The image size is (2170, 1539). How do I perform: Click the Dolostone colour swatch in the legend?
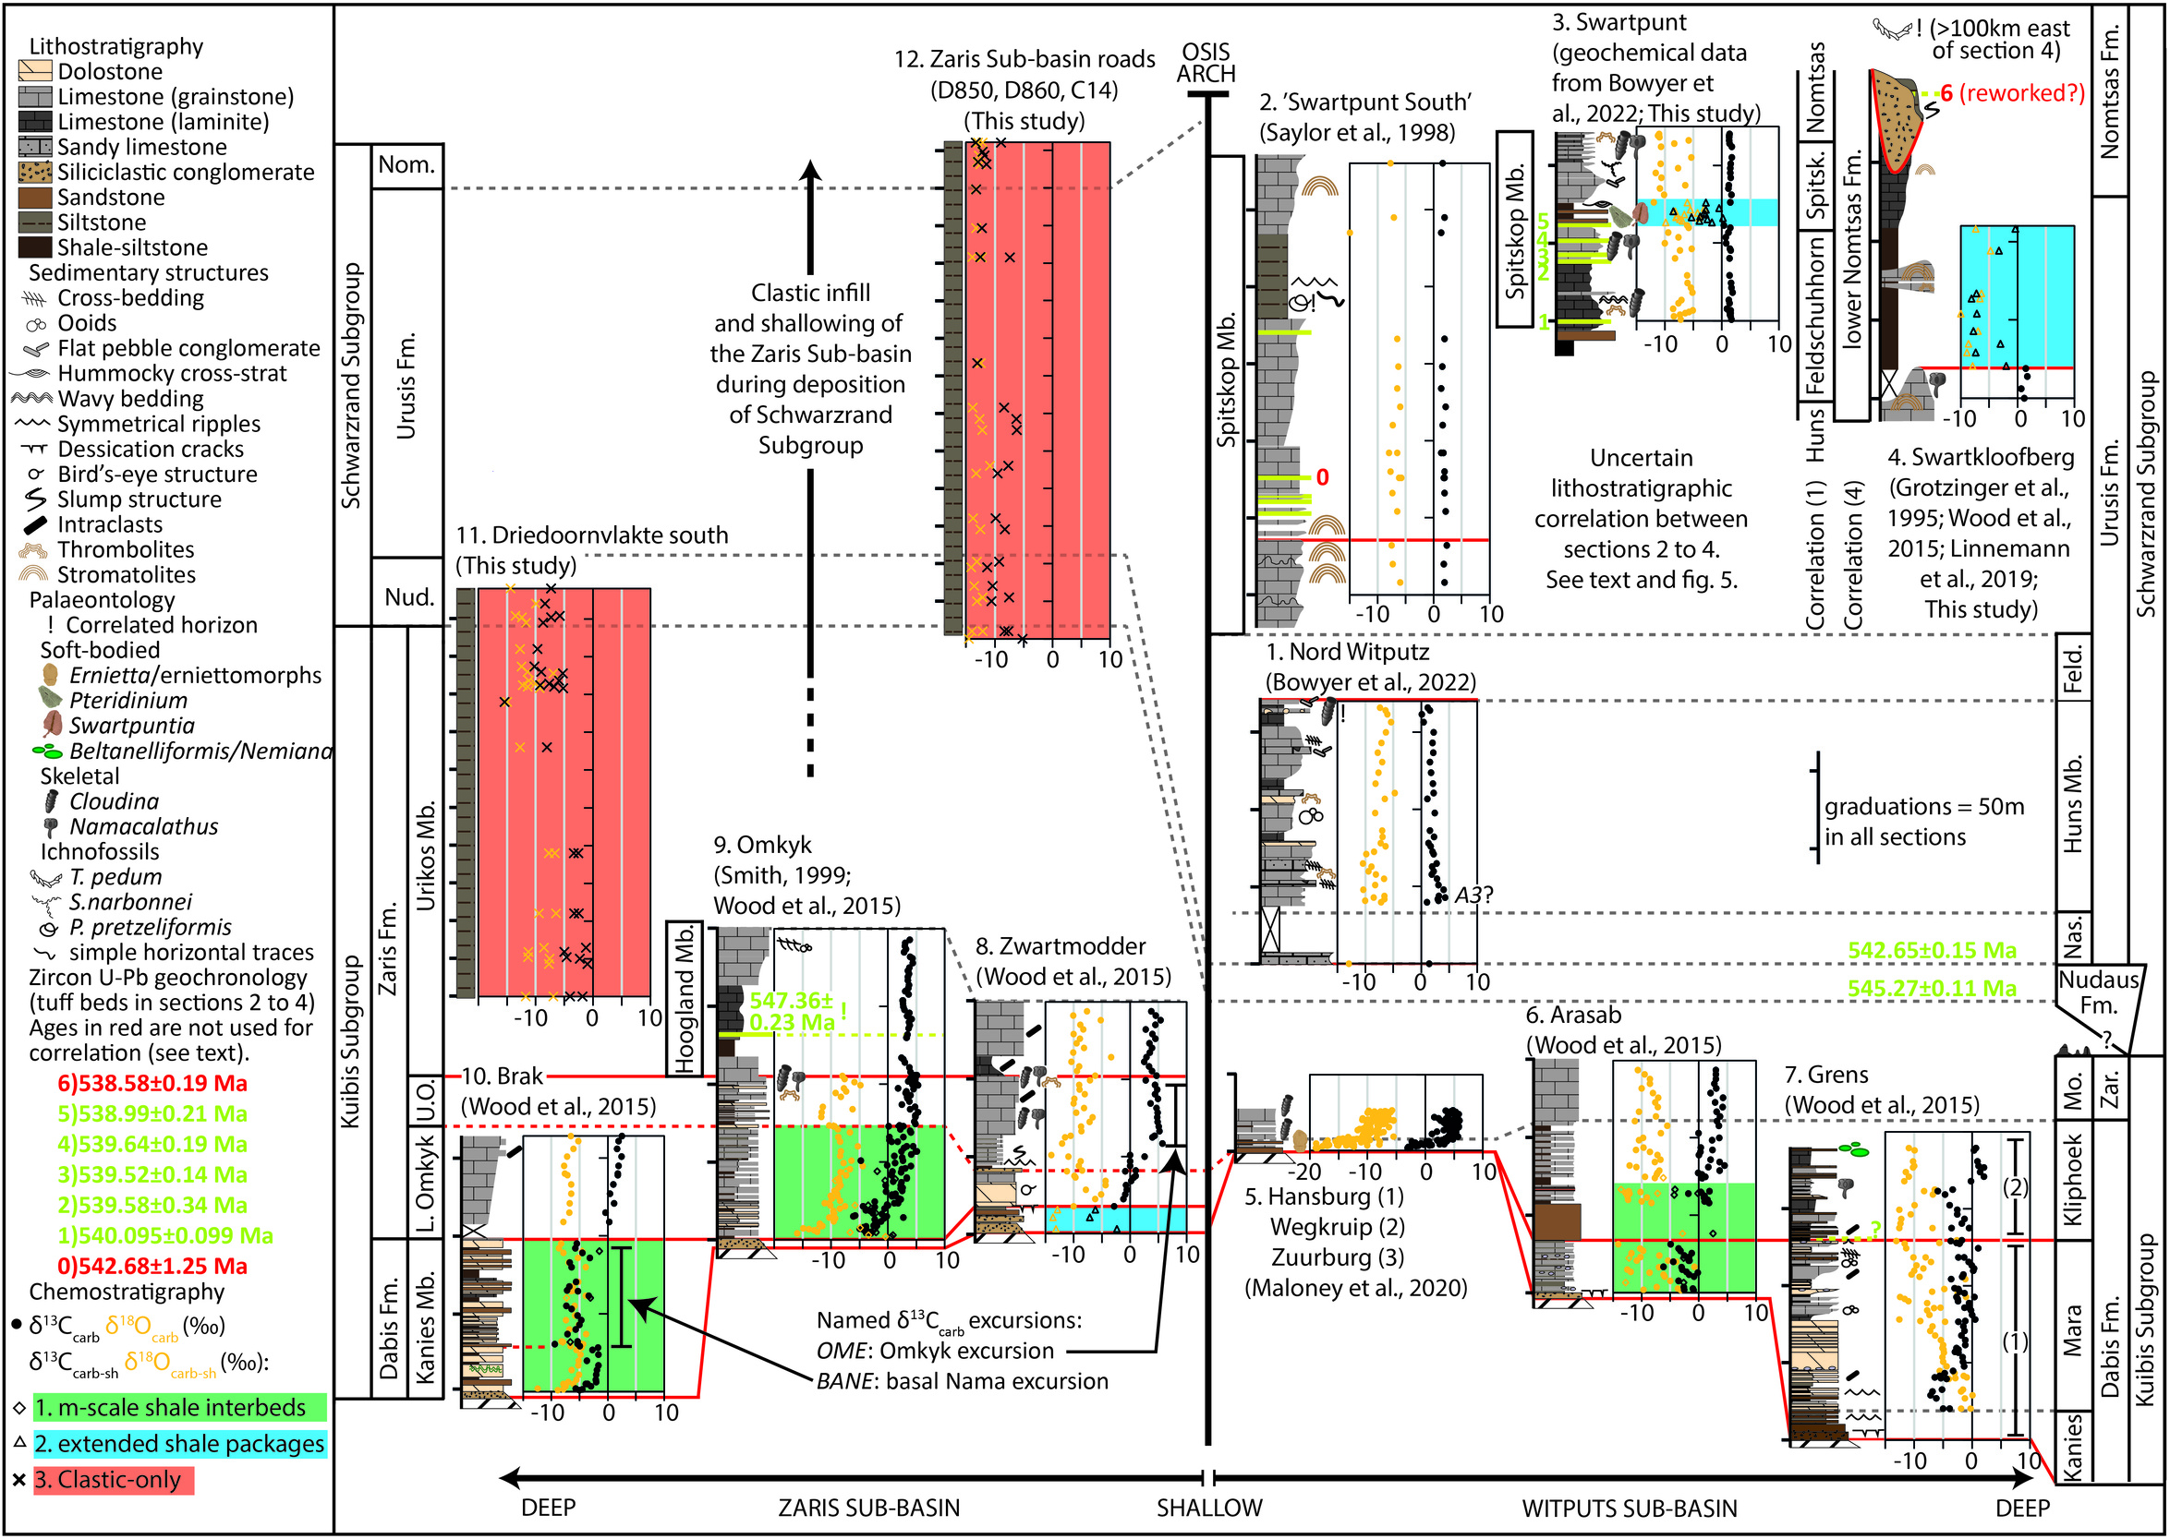pyautogui.click(x=35, y=71)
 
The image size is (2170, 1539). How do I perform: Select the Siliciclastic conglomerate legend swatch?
pyautogui.click(x=35, y=172)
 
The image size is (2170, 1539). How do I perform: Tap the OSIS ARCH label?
pyautogui.click(x=1206, y=63)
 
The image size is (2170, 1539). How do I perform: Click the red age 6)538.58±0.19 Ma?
pyautogui.click(x=152, y=1083)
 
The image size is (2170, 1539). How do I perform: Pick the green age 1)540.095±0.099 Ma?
pyautogui.click(x=165, y=1236)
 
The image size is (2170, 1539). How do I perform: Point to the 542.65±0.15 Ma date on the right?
pyautogui.click(x=1932, y=951)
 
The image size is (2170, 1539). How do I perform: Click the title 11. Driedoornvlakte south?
pyautogui.click(x=592, y=535)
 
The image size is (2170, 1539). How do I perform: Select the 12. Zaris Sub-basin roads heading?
pyautogui.click(x=1024, y=60)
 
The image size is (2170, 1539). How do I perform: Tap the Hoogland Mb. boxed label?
pyautogui.click(x=685, y=997)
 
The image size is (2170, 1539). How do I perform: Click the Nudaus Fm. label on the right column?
pyautogui.click(x=2099, y=992)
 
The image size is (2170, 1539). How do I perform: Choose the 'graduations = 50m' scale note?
pyautogui.click(x=1923, y=807)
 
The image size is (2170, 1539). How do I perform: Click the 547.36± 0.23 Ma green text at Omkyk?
pyautogui.click(x=792, y=1011)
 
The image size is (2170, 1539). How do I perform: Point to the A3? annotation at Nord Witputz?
pyautogui.click(x=1473, y=895)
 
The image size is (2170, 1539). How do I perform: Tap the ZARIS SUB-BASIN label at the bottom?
pyautogui.click(x=868, y=1508)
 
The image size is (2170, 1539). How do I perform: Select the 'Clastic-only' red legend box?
pyautogui.click(x=114, y=1480)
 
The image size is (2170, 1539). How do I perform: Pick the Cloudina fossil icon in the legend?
pyautogui.click(x=52, y=801)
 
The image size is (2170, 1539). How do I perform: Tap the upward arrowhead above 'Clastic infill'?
pyautogui.click(x=809, y=170)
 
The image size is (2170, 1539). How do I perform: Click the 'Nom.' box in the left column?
pyautogui.click(x=406, y=165)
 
